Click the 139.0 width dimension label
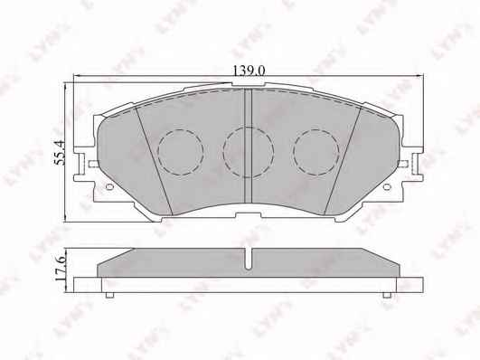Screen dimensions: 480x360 pos(249,71)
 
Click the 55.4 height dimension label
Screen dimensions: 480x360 pos(59,153)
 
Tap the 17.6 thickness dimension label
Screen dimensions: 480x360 pos(60,267)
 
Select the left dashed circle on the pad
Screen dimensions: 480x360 pos(181,152)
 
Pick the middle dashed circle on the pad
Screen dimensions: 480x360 pos(249,152)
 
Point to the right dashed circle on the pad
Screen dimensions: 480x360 pos(316,152)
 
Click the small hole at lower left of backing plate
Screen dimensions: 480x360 pos(109,186)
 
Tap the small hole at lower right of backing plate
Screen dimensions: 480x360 pos(387,186)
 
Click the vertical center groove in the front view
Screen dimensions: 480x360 pos(248,146)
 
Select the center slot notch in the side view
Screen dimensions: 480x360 pos(249,259)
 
